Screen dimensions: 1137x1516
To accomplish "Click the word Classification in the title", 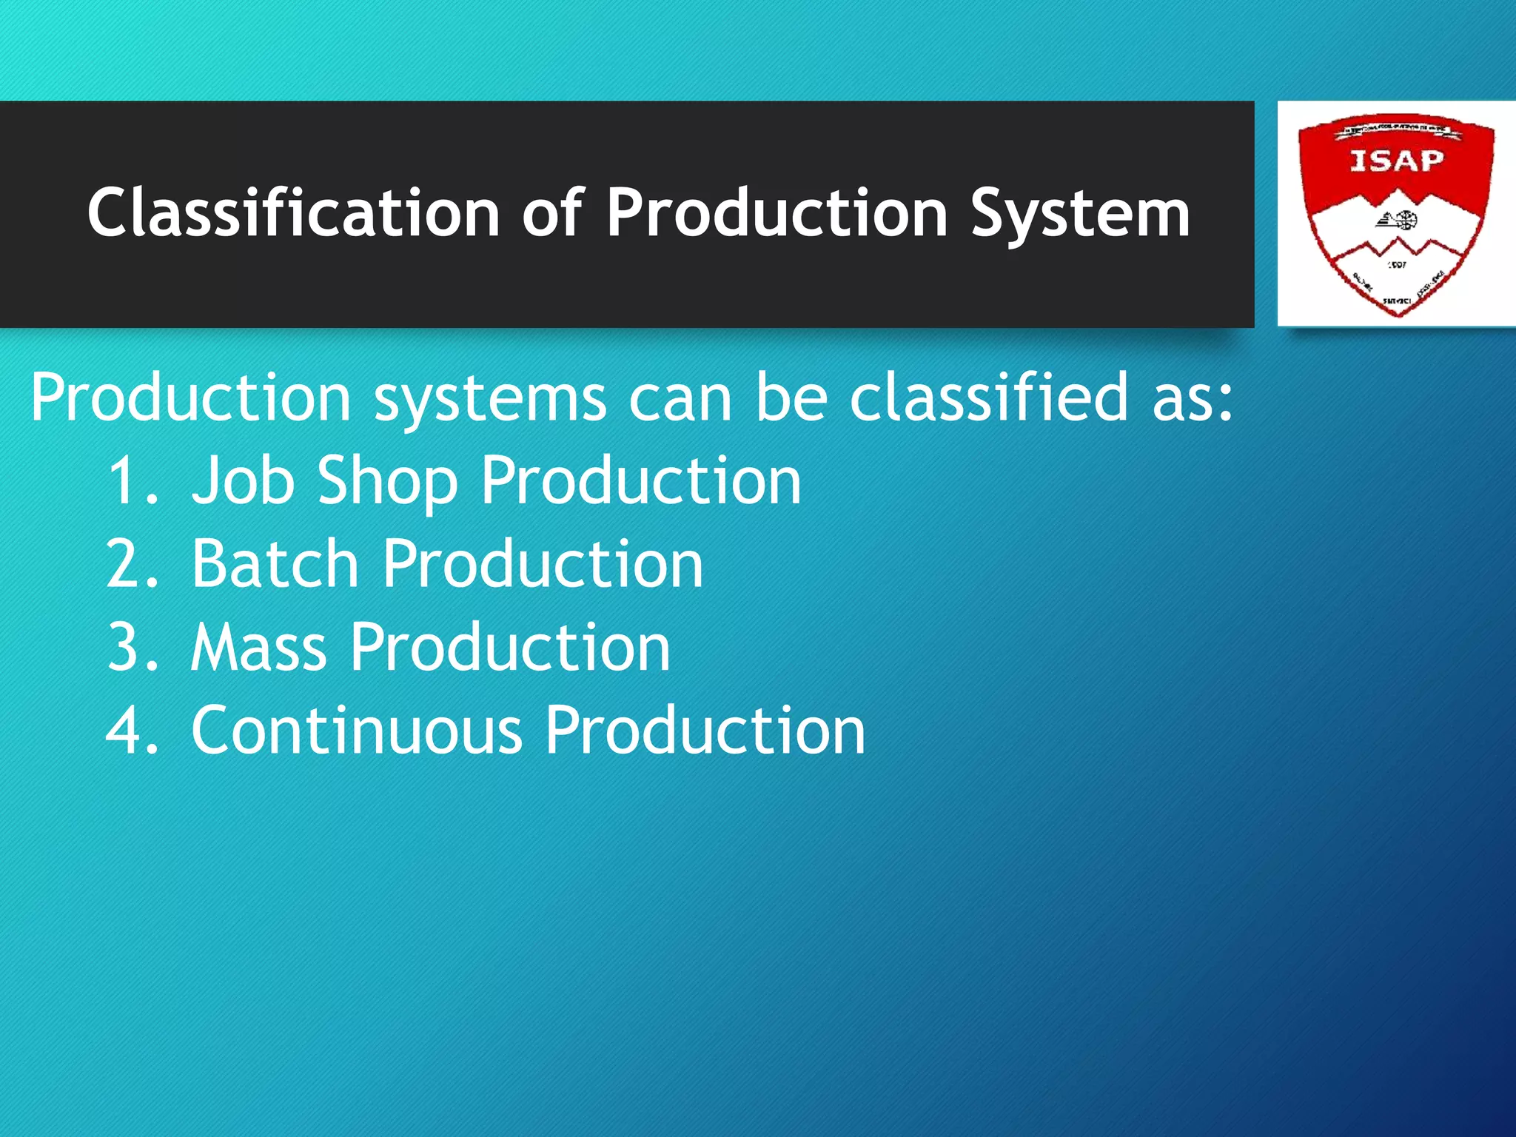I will pyautogui.click(x=293, y=213).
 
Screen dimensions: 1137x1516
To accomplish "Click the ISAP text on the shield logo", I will pyautogui.click(x=1396, y=161).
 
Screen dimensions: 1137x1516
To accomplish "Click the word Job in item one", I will pyautogui.click(x=242, y=482).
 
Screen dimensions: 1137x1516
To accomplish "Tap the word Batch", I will pyautogui.click(x=275, y=565).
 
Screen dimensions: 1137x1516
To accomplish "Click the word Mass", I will pyautogui.click(x=258, y=648).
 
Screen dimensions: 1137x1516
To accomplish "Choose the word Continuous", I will pyautogui.click(x=357, y=731).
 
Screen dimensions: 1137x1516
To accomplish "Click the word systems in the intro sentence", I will pyautogui.click(x=490, y=400).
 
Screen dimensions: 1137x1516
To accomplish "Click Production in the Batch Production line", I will pyautogui.click(x=543, y=565).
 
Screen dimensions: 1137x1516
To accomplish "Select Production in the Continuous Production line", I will pyautogui.click(x=705, y=731).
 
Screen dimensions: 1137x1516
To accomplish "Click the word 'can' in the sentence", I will pyautogui.click(x=680, y=400).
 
